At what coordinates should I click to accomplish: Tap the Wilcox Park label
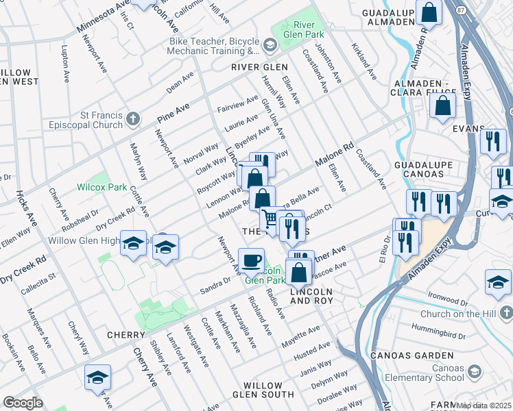pos(102,186)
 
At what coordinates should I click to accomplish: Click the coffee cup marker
pos(251,260)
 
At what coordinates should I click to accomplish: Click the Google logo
pos(23,403)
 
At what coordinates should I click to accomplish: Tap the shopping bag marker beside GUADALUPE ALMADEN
pos(429,13)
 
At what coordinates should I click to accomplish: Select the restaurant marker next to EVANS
pos(493,142)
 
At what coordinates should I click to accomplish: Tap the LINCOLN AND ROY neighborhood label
pos(312,296)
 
